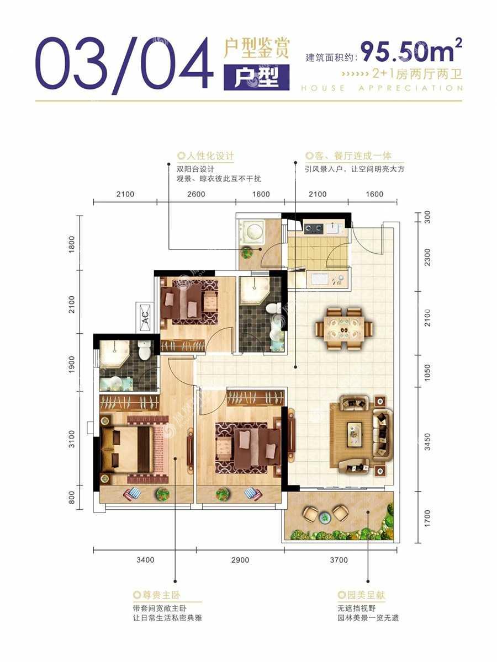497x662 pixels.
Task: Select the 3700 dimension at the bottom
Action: click(339, 560)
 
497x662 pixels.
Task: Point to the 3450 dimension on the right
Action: click(427, 442)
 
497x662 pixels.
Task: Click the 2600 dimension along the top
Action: click(196, 194)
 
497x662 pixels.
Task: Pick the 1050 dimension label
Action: click(427, 372)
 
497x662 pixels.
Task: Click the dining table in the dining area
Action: click(344, 328)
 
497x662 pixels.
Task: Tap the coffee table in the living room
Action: click(355, 434)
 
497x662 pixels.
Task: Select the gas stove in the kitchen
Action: click(314, 228)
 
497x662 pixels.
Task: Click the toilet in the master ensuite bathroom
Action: click(144, 349)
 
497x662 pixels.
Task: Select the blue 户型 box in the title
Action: click(256, 77)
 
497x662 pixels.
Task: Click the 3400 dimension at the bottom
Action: click(145, 560)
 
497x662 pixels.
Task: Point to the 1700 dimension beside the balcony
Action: click(427, 519)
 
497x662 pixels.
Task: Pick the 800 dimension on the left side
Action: click(72, 498)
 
